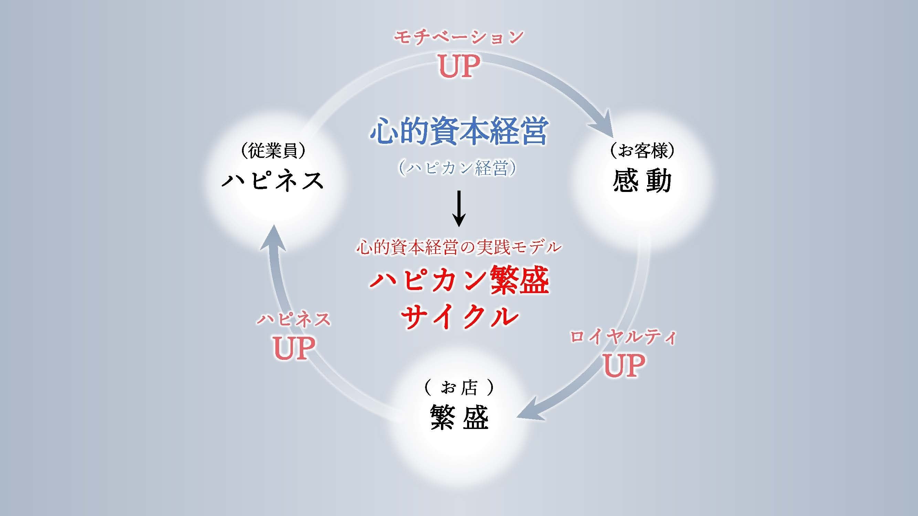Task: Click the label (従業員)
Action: point(273,151)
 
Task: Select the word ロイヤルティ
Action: point(623,337)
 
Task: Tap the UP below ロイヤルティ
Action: point(624,365)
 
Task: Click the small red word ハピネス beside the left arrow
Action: point(294,320)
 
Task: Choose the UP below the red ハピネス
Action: point(294,348)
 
